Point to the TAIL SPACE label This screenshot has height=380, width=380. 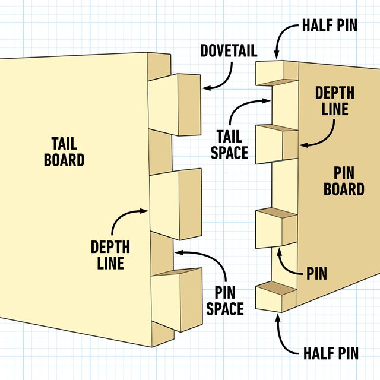point(229,144)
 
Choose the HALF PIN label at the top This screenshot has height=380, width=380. point(330,27)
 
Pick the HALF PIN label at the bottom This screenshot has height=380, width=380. point(330,354)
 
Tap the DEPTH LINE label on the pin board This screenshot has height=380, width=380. point(335,101)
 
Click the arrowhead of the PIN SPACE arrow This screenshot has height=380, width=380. point(176,252)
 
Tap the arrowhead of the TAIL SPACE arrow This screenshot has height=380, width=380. point(270,102)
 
